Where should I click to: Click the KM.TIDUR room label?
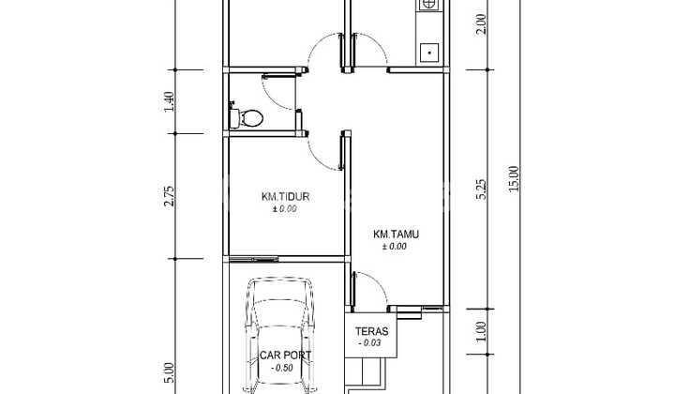coord(285,197)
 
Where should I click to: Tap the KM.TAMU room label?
coord(396,235)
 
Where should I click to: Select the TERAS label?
coord(371,331)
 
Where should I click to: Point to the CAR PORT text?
coord(285,356)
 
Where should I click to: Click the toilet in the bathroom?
coord(247,116)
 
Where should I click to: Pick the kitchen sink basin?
coord(429,53)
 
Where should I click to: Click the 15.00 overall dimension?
coord(514,178)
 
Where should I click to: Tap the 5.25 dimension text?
coord(482,189)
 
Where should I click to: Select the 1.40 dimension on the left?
coord(170,101)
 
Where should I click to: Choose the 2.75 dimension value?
coord(170,196)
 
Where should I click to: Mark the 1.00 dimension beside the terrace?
coord(482,331)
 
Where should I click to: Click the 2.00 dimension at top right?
coord(482,24)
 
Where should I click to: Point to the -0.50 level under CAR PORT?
coord(282,368)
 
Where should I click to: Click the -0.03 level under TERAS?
coord(369,343)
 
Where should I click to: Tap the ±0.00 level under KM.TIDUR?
coord(285,209)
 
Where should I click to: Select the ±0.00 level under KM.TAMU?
coord(395,247)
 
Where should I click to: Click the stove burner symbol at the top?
coord(427,5)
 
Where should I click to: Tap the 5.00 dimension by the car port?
coord(170,373)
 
